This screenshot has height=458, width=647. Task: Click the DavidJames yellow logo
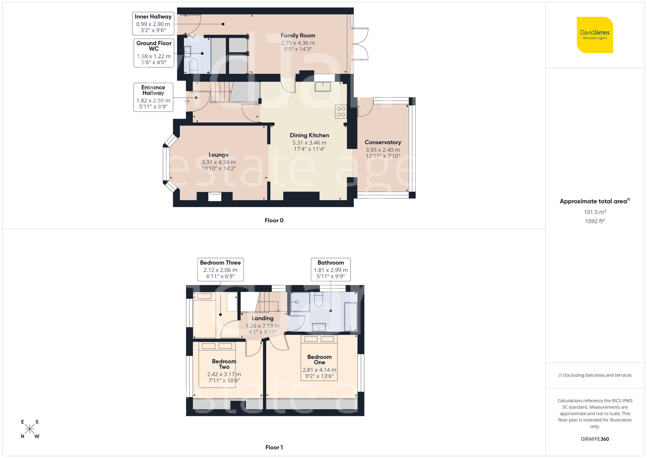[x=595, y=35]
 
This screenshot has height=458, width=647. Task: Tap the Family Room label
[x=298, y=36]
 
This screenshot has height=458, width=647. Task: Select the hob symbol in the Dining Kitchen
[x=341, y=111]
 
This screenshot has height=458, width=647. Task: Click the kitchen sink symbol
[x=323, y=87]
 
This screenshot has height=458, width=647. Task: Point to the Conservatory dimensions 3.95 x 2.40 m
[x=383, y=150]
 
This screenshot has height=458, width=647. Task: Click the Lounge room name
[x=218, y=155]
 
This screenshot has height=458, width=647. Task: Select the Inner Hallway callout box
[x=153, y=24]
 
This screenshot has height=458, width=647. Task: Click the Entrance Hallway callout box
[x=153, y=97]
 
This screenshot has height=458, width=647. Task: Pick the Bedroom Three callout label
[x=220, y=269]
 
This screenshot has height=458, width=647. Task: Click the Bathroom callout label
[x=331, y=269]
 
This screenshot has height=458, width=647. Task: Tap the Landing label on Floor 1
[x=262, y=318]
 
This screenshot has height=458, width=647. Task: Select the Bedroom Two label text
[x=224, y=364]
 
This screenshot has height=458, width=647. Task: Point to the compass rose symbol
[x=30, y=429]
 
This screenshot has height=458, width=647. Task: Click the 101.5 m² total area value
[x=595, y=212]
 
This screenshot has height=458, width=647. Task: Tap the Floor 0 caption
[x=274, y=220]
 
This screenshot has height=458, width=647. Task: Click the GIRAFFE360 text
[x=595, y=439]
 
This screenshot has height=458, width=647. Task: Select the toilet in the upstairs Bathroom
[x=319, y=300]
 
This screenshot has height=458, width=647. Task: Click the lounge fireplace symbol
[x=215, y=196]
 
